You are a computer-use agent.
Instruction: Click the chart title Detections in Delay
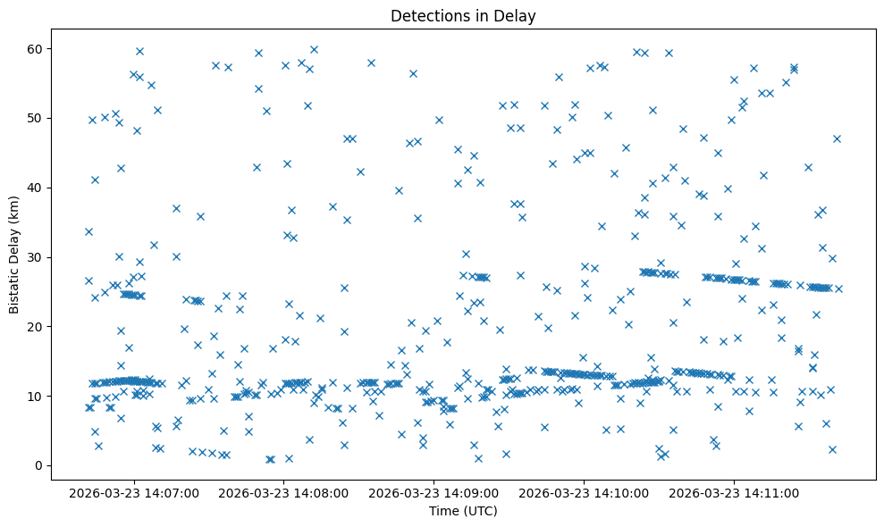pyautogui.click(x=463, y=15)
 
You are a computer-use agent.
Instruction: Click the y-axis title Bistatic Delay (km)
pyautogui.click(x=14, y=254)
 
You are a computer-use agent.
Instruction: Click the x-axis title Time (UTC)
pyautogui.click(x=463, y=512)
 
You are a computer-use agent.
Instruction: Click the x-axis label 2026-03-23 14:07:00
pyautogui.click(x=134, y=493)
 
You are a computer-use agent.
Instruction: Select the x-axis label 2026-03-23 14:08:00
pyautogui.click(x=284, y=493)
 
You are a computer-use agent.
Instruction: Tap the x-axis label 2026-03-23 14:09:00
pyautogui.click(x=434, y=493)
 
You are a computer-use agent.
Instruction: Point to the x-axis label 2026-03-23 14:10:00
pyautogui.click(x=585, y=493)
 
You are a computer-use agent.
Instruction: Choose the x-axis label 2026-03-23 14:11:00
pyautogui.click(x=735, y=493)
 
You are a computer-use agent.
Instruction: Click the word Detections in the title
pyautogui.click(x=425, y=15)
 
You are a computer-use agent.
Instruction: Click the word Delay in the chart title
pyautogui.click(x=519, y=15)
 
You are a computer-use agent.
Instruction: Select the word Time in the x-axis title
pyautogui.click(x=443, y=512)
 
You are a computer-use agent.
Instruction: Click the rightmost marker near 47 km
pyautogui.click(x=837, y=138)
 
